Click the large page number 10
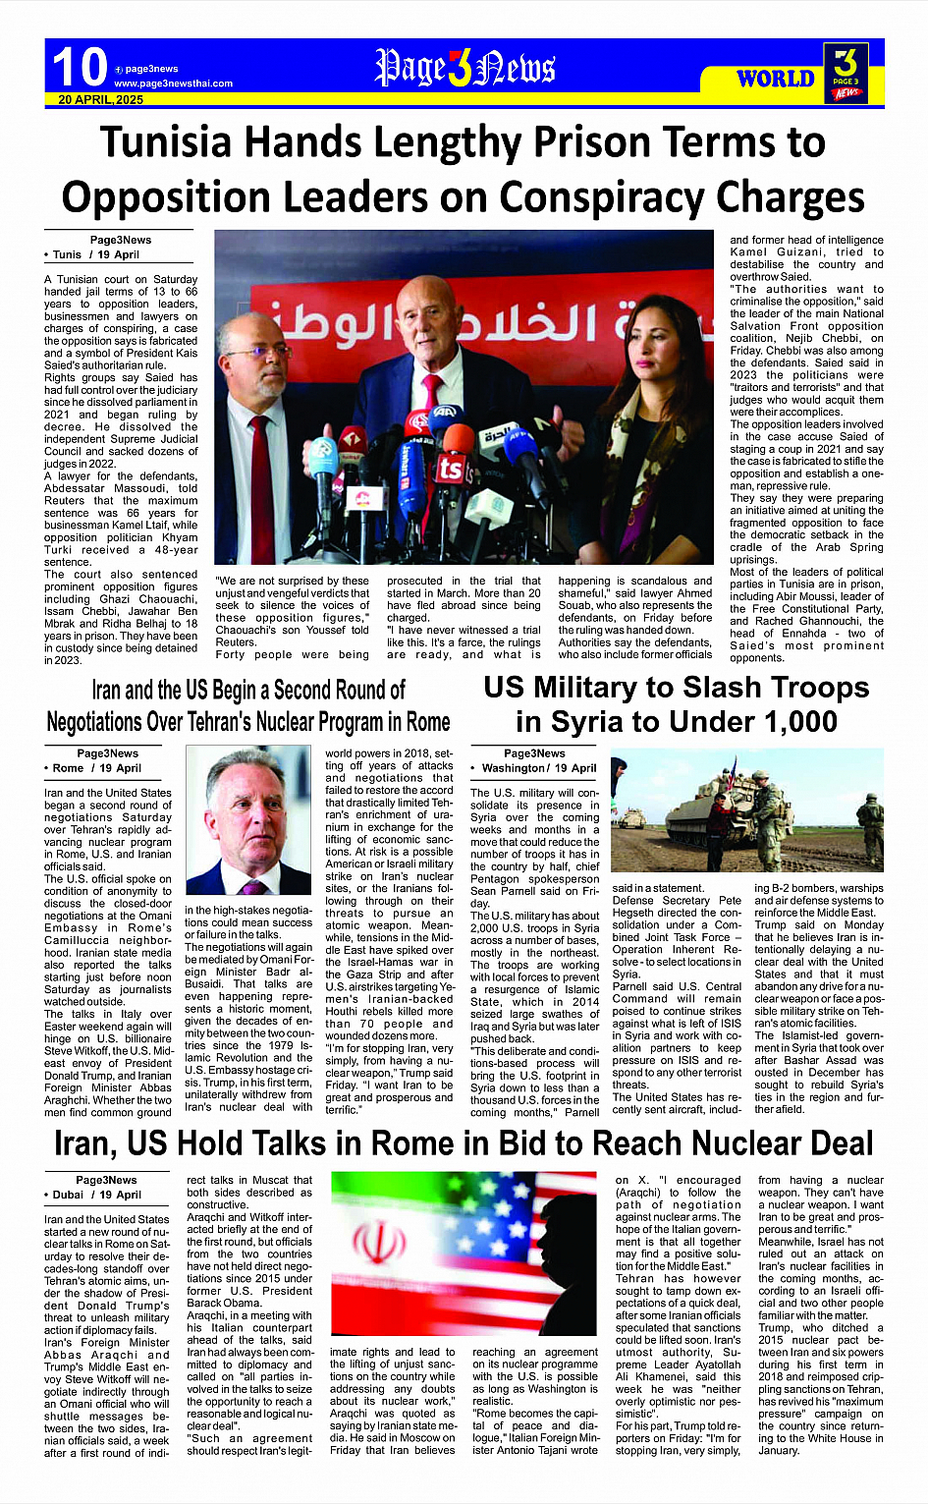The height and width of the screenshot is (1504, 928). point(80,68)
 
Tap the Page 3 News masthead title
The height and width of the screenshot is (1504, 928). point(464,68)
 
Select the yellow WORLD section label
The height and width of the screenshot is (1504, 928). point(775,79)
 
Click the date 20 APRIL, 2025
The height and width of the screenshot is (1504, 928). point(101,99)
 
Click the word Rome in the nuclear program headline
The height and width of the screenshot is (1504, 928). point(428,722)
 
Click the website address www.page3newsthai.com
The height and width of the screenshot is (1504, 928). point(173,84)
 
